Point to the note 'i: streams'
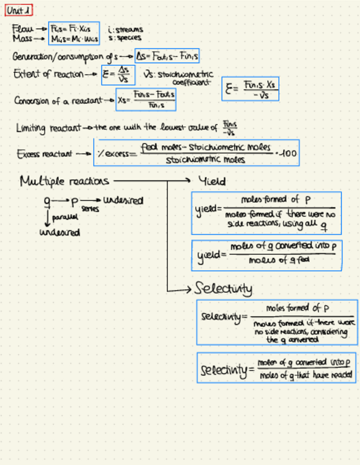click(126, 29)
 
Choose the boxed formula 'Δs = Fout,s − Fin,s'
click(167, 56)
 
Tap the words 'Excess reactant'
click(44, 154)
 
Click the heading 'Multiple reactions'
click(64, 180)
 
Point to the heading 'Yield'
click(212, 181)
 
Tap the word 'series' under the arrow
click(87, 209)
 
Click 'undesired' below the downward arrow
click(60, 232)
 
